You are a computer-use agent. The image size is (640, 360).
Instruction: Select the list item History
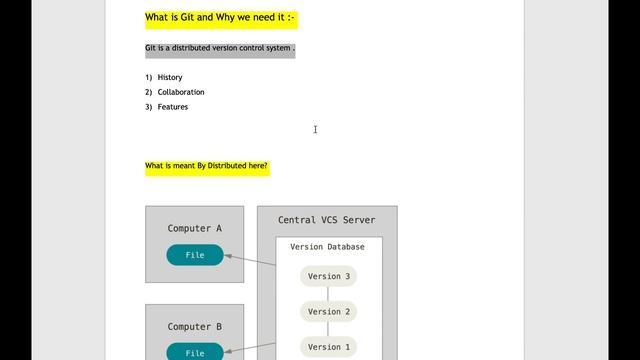[170, 77]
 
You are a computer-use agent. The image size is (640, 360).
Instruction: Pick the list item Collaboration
[181, 92]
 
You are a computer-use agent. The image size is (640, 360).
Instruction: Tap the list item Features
[173, 107]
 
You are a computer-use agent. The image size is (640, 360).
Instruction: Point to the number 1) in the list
[149, 77]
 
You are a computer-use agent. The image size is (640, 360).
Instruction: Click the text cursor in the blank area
[315, 129]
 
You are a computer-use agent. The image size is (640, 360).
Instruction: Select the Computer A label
[195, 229]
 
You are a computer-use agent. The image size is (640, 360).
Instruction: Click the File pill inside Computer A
[195, 255]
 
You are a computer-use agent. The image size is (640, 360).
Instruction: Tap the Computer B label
[195, 327]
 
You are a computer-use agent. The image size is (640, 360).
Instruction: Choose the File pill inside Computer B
[195, 352]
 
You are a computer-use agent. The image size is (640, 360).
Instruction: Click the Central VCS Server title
[327, 220]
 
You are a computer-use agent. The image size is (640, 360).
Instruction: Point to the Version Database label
[327, 247]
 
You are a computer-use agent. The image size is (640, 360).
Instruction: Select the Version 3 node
[328, 277]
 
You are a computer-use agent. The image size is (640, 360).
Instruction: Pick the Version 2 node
[328, 312]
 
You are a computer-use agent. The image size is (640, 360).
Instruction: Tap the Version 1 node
[328, 347]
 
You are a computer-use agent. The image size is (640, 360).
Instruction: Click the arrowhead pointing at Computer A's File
[229, 256]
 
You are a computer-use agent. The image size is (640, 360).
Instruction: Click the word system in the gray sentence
[276, 48]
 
